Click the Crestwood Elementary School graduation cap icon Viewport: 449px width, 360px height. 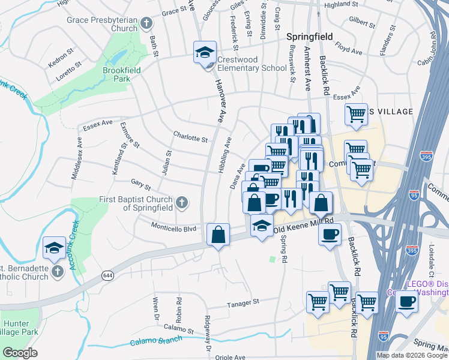click(x=205, y=52)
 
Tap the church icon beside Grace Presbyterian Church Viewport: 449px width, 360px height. click(x=146, y=25)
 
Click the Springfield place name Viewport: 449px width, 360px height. click(x=309, y=37)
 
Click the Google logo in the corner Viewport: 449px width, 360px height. click(x=20, y=353)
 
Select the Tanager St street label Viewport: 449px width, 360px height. click(x=243, y=302)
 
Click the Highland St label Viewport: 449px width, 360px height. click(x=340, y=4)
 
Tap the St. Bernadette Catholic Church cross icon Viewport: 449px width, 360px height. click(x=58, y=272)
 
